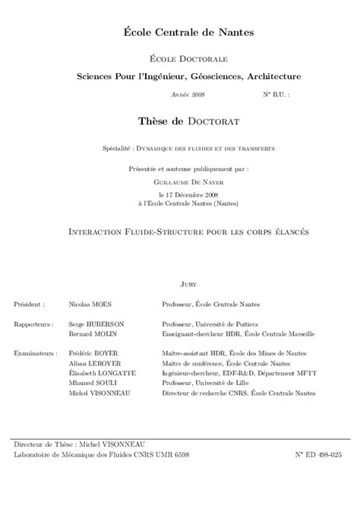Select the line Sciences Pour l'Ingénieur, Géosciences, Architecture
click(x=188, y=76)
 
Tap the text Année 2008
click(x=188, y=95)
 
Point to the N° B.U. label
click(x=276, y=95)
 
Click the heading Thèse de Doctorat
click(x=188, y=120)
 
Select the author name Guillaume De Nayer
click(x=188, y=182)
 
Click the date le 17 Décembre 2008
click(x=188, y=195)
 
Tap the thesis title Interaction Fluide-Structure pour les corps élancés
click(x=188, y=229)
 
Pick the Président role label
click(x=29, y=304)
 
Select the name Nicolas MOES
click(x=89, y=304)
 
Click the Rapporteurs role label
click(x=33, y=324)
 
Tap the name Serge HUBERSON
click(x=96, y=324)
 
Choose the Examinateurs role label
click(x=36, y=353)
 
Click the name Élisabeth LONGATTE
click(x=103, y=373)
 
